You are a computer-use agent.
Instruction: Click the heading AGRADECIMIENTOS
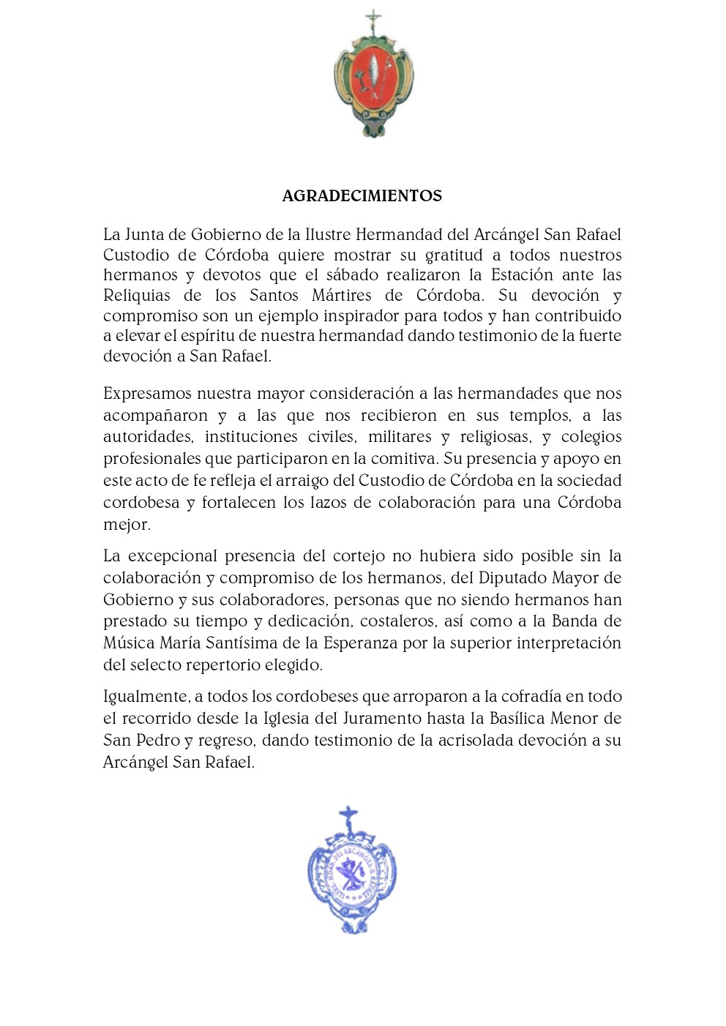[362, 196]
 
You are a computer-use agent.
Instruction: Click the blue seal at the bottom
[351, 875]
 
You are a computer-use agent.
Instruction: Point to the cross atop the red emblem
[374, 20]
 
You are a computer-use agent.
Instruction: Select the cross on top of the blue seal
[348, 817]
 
